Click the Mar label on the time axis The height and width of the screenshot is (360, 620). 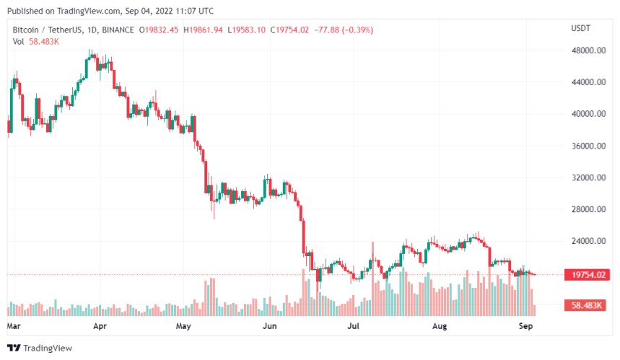(x=14, y=326)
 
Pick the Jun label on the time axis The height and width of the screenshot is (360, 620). (x=269, y=326)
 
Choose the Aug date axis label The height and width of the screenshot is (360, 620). (x=440, y=326)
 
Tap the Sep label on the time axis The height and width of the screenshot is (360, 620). (x=525, y=326)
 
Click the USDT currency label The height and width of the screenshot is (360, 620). (x=581, y=28)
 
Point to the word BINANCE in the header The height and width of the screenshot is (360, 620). (x=119, y=30)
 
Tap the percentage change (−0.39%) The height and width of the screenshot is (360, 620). (x=359, y=30)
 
